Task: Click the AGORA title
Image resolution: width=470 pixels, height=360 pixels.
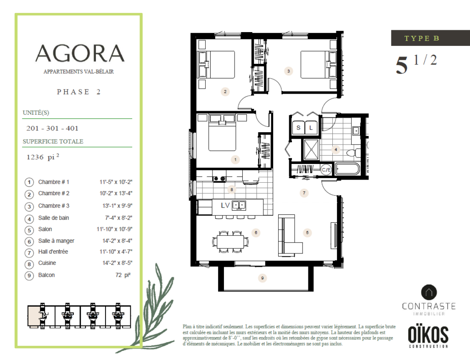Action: click(80, 53)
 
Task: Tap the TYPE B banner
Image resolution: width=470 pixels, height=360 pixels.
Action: click(431, 38)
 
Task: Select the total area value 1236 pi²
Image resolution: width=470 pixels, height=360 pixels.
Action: click(43, 157)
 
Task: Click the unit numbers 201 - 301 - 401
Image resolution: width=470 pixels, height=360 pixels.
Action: click(52, 129)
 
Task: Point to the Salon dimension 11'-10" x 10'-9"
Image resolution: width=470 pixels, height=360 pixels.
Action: click(114, 229)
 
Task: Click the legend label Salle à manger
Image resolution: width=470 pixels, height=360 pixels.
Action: click(56, 241)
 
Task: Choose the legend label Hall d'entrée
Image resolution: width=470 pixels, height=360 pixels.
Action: click(53, 252)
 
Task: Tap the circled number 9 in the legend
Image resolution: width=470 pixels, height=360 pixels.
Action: click(29, 276)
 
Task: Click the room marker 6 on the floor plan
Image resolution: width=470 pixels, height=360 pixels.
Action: click(256, 232)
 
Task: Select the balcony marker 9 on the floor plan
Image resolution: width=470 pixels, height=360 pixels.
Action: click(262, 278)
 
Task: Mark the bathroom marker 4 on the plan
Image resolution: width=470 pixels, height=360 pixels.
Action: click(336, 149)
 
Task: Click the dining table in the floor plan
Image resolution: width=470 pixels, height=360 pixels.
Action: click(230, 242)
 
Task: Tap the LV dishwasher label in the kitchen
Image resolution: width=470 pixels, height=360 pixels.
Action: click(225, 205)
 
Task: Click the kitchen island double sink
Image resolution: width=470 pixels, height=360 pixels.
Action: click(239, 205)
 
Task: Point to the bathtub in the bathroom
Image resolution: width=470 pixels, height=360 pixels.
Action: click(347, 169)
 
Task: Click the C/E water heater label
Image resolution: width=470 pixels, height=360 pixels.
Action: click(326, 170)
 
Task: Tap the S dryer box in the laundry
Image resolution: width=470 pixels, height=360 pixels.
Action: click(298, 128)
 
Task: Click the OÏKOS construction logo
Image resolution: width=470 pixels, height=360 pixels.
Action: click(428, 337)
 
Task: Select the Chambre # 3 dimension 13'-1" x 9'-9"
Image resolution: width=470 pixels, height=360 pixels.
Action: click(117, 206)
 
